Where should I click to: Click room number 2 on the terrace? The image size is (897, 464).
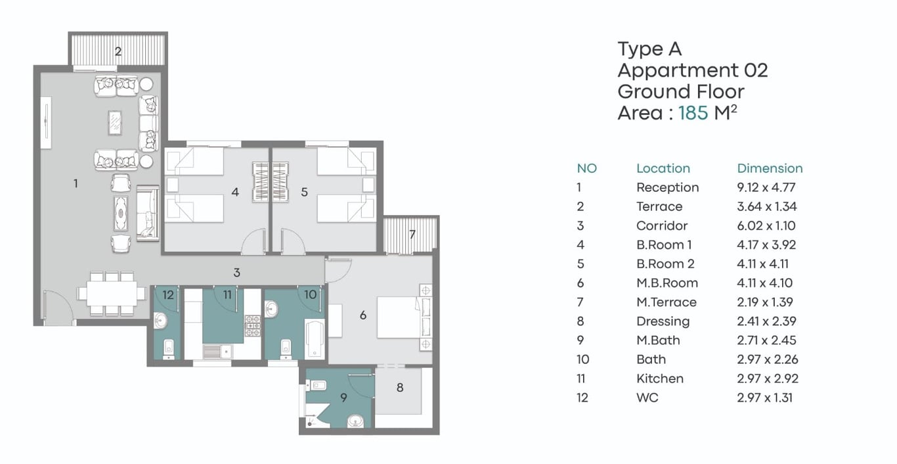click(118, 51)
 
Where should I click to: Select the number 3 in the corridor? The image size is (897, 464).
click(236, 273)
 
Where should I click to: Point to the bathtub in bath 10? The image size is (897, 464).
click(315, 339)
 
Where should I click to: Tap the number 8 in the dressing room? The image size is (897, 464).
click(400, 388)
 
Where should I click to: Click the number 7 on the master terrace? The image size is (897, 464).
click(412, 234)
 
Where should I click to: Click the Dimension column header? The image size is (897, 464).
click(770, 168)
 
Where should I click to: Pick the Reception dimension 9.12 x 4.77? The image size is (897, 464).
click(766, 187)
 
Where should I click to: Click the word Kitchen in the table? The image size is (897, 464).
click(660, 379)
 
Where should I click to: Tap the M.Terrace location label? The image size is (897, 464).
click(667, 302)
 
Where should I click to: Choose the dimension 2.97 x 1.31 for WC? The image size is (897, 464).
click(765, 398)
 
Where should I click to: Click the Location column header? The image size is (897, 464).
click(663, 168)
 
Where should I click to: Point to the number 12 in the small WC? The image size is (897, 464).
click(168, 295)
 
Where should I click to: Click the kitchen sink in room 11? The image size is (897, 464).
click(217, 352)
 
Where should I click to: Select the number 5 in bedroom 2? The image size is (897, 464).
click(304, 193)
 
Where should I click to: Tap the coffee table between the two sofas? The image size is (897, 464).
click(116, 122)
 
